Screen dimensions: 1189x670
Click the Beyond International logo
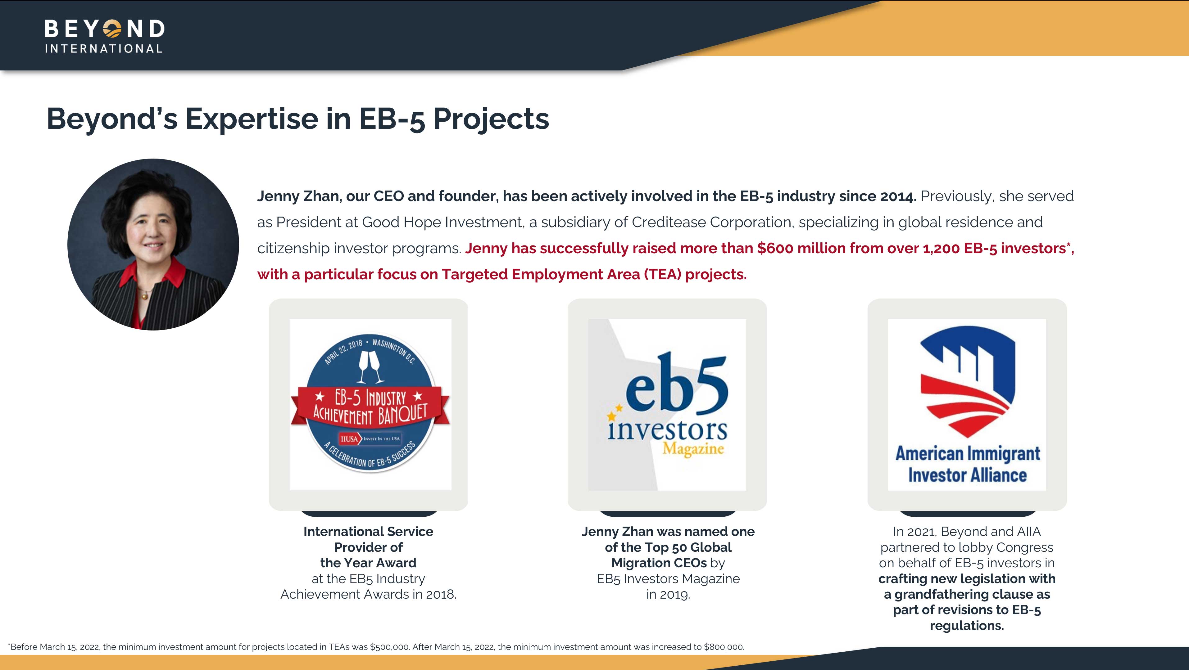pos(104,36)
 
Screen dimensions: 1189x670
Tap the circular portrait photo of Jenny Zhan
pos(153,244)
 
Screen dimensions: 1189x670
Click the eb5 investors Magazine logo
pos(667,405)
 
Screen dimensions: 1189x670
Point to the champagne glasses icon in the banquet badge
pos(371,367)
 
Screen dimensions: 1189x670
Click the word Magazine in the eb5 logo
pos(693,448)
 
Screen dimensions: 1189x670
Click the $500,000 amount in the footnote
pos(390,647)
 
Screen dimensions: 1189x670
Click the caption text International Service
pos(368,532)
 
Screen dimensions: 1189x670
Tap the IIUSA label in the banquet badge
pos(349,439)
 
